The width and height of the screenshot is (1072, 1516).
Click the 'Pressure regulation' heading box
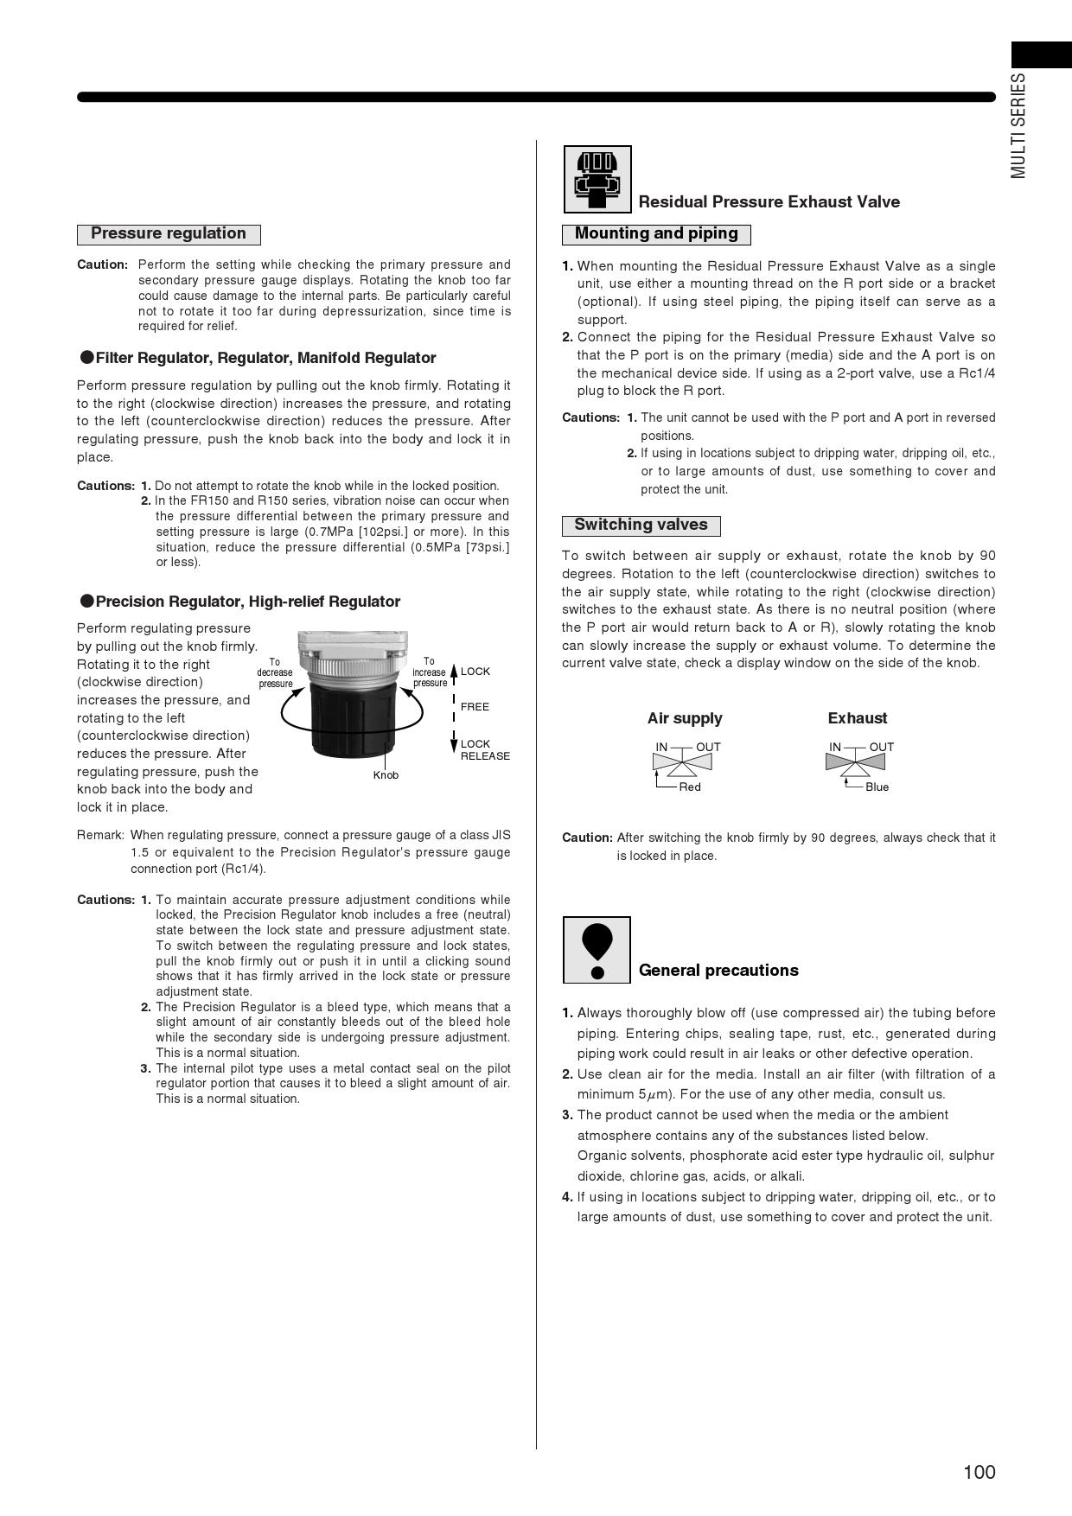click(169, 234)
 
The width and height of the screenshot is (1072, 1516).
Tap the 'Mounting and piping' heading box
click(656, 234)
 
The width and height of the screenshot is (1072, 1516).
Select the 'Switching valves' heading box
click(641, 526)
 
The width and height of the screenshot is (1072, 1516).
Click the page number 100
click(979, 1472)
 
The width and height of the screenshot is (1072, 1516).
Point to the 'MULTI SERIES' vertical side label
click(1019, 126)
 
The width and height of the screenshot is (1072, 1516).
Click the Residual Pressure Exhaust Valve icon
click(597, 179)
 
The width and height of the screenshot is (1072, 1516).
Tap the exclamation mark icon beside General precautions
click(597, 950)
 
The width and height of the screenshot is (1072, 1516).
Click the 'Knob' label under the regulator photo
click(386, 775)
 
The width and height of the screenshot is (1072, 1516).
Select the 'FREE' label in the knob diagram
click(475, 707)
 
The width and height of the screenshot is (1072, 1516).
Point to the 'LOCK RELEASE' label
click(484, 750)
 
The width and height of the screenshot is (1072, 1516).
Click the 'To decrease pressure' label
click(275, 672)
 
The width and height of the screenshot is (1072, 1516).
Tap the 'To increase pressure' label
click(429, 672)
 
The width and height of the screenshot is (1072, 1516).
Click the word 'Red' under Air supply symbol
click(690, 787)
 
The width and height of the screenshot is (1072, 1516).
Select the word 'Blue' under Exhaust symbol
click(877, 787)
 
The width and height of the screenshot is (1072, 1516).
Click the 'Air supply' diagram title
click(685, 718)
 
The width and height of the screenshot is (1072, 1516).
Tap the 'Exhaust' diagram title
click(857, 718)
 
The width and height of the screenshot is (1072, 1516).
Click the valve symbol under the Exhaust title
click(855, 762)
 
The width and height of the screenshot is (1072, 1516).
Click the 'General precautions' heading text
click(718, 971)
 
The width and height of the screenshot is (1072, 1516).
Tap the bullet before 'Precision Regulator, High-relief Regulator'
click(86, 601)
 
